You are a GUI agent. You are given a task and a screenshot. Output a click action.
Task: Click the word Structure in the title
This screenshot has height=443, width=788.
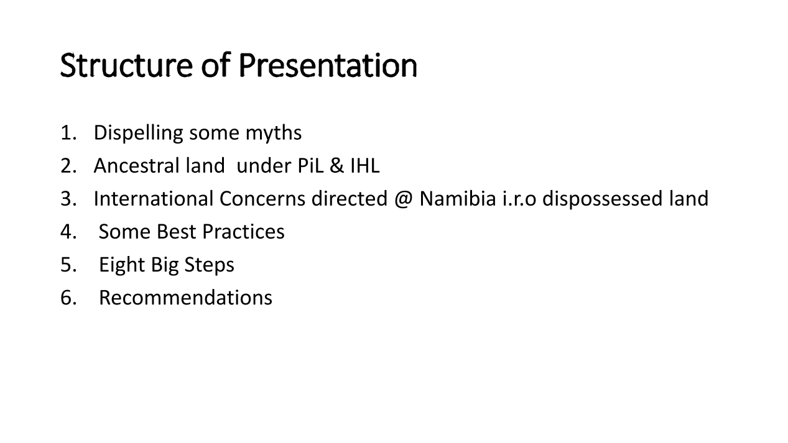126,65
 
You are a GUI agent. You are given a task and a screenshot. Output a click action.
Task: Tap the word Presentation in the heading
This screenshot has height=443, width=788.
328,65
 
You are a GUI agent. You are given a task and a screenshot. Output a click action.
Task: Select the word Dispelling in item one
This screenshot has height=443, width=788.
138,133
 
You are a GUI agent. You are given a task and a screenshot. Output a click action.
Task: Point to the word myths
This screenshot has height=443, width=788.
273,133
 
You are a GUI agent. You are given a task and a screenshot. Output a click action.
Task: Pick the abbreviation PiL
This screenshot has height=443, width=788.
310,165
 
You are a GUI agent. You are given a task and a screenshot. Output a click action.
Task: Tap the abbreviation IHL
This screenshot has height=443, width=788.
365,165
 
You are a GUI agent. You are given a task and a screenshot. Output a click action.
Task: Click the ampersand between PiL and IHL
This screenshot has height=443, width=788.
336,165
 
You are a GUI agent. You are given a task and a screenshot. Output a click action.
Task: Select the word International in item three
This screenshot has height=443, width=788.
154,198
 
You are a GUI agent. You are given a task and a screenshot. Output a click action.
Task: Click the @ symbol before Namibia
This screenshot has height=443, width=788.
404,199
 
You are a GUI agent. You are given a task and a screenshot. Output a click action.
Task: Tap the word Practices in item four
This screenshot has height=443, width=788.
243,232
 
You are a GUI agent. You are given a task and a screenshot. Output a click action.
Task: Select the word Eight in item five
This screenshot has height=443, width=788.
122,265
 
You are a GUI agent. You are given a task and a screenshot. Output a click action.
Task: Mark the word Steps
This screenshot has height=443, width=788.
210,265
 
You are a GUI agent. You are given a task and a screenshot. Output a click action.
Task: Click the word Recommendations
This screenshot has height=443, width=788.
186,298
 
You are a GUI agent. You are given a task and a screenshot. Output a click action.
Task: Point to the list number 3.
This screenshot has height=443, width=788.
68,198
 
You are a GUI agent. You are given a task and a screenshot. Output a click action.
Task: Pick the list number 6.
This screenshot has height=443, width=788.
68,298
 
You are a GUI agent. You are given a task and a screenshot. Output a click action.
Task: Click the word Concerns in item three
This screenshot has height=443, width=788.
262,198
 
